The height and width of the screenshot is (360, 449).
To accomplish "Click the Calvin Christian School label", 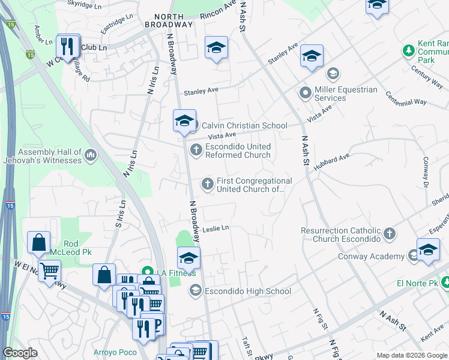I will click(244, 125).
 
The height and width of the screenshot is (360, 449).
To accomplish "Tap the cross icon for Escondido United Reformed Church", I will click(196, 150).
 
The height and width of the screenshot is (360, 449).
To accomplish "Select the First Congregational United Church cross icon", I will click(208, 184).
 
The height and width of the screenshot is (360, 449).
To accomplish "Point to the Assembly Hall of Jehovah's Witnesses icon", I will click(91, 156).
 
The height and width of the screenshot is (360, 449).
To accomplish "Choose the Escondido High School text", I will click(248, 292).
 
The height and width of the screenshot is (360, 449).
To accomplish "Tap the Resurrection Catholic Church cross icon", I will click(390, 233).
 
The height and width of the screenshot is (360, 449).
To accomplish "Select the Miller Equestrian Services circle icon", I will click(306, 94).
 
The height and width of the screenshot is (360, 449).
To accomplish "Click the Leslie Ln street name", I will click(215, 228).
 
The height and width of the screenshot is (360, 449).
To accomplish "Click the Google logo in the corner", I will click(20, 353).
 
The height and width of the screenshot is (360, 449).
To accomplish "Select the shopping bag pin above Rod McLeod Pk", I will click(38, 243).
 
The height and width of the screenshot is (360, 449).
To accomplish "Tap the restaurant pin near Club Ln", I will click(68, 47).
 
